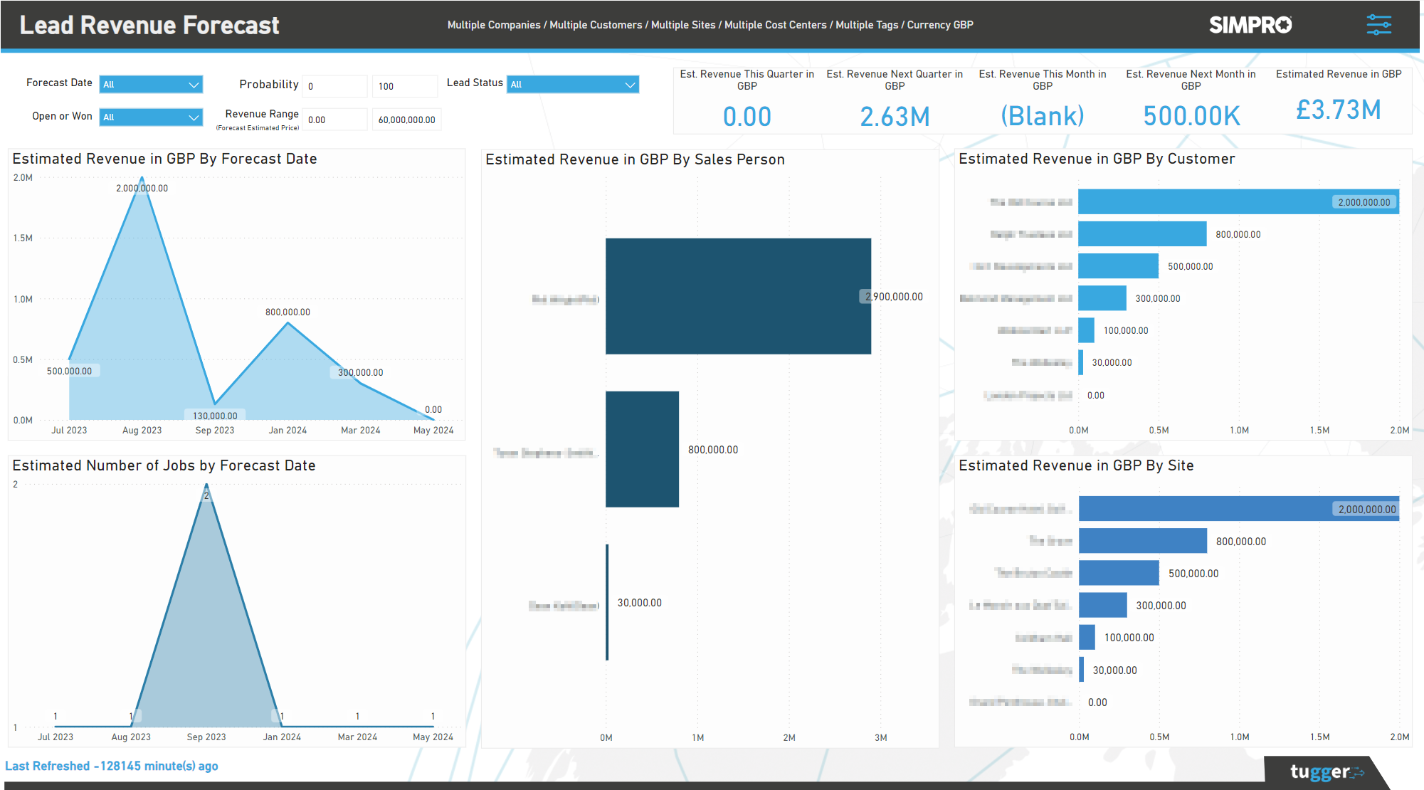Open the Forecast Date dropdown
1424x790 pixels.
coord(151,85)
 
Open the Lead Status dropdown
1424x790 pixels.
coord(572,85)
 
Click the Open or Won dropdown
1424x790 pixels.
coord(151,117)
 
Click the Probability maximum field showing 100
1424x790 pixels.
coord(404,86)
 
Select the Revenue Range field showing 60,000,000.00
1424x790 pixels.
coord(406,120)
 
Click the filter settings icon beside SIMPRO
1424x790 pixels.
coord(1378,25)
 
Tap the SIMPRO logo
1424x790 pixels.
coord(1250,25)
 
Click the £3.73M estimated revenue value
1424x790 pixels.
coord(1338,110)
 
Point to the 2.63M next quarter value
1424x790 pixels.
coord(895,116)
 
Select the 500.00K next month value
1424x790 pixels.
coord(1191,116)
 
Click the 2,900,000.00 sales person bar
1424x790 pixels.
coord(738,296)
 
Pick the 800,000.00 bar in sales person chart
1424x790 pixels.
coord(642,449)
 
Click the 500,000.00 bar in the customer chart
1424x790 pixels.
coord(1118,266)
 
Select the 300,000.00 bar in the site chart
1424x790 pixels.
coord(1102,605)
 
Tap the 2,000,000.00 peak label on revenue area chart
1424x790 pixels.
coord(142,189)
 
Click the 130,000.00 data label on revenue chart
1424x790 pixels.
coord(215,416)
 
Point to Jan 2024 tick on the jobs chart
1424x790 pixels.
coord(282,737)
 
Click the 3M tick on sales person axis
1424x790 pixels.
coord(880,738)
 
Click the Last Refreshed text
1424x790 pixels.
coord(112,767)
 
